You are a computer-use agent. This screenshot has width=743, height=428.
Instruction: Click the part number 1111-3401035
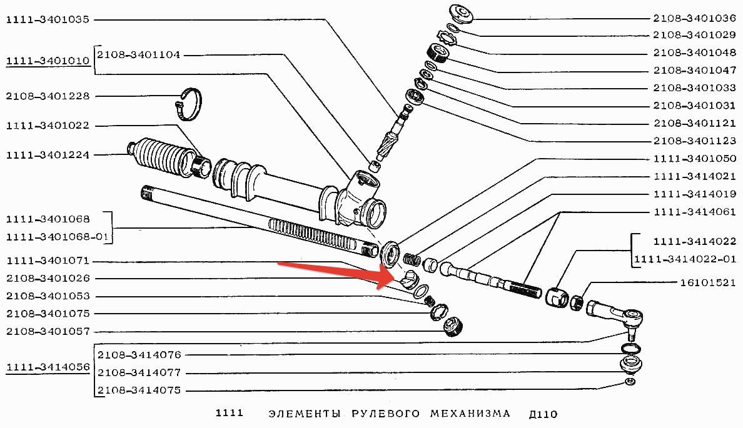coord(48,19)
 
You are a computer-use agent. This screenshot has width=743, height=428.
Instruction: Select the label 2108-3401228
coord(48,96)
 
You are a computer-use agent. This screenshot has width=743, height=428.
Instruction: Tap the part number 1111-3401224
coord(48,154)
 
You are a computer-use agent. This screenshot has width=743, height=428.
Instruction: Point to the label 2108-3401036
coord(695,18)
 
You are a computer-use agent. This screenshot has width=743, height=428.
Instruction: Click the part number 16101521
coord(707,282)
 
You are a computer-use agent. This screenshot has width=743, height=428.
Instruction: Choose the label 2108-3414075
coord(139,391)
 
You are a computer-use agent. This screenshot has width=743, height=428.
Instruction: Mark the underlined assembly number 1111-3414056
coord(48,367)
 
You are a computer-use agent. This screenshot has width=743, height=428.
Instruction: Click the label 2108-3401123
coord(695,141)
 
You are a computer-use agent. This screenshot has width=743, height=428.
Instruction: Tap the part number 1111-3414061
coord(695,212)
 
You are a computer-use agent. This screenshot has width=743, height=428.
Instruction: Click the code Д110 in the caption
coord(542,414)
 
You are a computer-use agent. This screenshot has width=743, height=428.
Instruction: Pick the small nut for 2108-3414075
coord(630,382)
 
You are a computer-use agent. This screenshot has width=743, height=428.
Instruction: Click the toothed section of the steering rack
coord(313,233)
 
